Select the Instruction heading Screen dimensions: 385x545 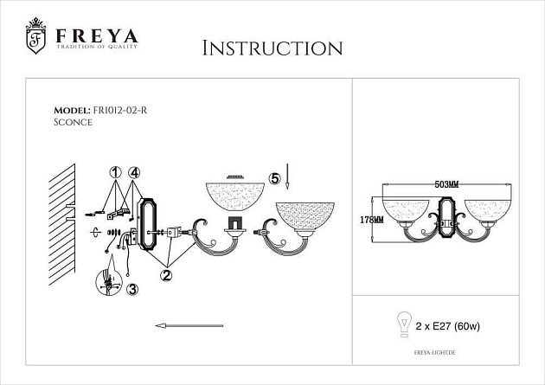coord(272,47)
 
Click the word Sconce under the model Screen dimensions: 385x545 coord(73,123)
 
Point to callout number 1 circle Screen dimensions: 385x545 coord(116,173)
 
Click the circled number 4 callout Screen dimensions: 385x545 coord(134,173)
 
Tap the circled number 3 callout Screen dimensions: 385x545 coord(131,290)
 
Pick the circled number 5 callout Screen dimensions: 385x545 coord(275,178)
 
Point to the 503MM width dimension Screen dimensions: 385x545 coord(446,184)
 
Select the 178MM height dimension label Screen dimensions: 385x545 coord(371,220)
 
